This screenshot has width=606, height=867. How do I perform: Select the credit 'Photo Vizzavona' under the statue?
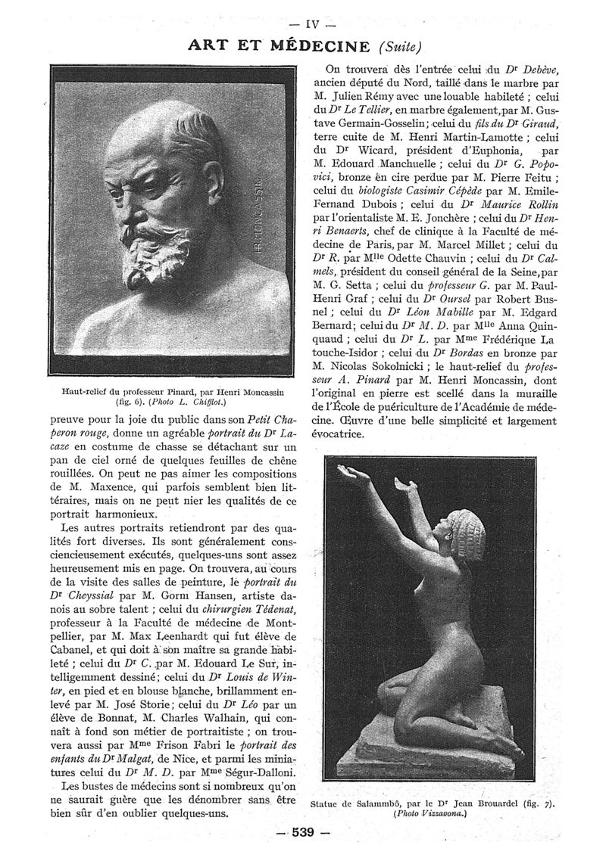tap(436, 814)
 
